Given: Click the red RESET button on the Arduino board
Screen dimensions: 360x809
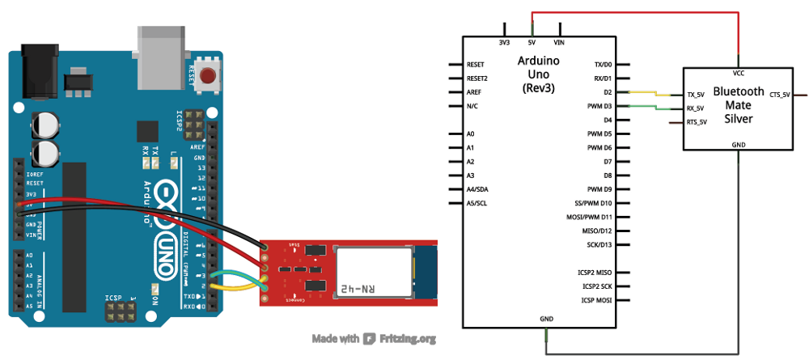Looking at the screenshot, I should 210,78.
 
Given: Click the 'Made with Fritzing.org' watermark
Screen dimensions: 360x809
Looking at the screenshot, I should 375,339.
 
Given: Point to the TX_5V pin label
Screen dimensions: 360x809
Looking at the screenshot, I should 695,95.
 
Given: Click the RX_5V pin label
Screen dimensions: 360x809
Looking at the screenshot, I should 695,108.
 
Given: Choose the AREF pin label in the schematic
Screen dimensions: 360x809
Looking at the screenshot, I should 476,92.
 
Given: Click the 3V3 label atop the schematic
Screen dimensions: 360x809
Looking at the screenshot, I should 504,42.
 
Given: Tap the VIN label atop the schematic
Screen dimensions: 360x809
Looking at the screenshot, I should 558,42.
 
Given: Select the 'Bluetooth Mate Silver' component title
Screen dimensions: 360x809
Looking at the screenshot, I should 738,105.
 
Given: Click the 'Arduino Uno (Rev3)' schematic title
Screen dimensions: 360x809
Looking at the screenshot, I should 537,74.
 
